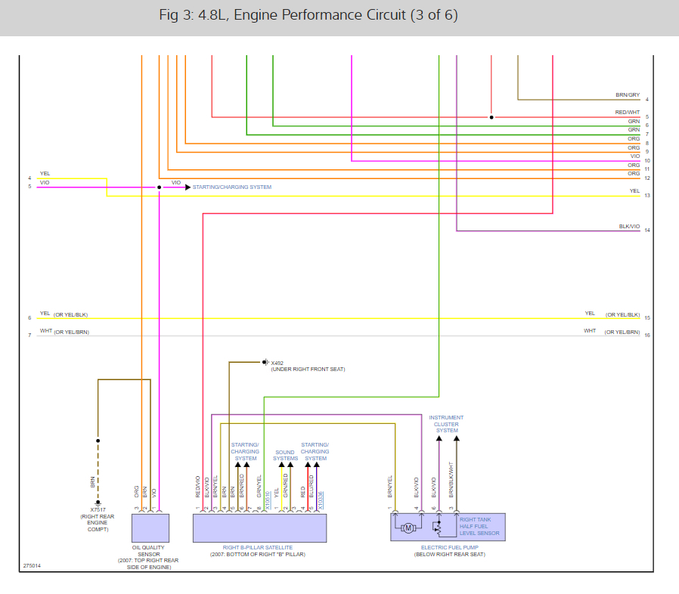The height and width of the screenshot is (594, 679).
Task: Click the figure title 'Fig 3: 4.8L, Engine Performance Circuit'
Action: coord(308,15)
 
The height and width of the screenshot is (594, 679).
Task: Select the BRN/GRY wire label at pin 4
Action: coord(628,95)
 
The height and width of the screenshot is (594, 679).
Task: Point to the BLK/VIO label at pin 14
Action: coord(629,226)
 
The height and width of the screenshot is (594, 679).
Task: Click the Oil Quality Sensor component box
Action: coord(150,527)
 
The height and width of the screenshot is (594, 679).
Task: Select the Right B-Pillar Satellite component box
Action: coord(259,527)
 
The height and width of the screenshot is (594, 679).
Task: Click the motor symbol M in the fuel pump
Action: coord(408,527)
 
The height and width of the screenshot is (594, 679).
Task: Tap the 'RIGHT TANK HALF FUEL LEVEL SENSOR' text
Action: coord(479,527)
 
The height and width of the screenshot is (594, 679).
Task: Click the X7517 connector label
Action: coord(98,509)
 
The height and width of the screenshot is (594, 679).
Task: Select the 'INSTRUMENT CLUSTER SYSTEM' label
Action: coord(446,424)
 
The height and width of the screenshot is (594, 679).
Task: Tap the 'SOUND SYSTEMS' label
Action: coord(285,456)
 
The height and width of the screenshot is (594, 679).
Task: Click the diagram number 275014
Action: coord(32,565)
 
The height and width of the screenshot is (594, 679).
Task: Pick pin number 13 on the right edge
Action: coord(647,196)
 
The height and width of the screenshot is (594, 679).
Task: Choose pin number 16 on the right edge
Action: coord(647,335)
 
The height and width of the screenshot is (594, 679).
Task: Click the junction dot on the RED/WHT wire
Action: coord(491,117)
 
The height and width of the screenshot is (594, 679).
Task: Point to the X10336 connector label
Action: coord(321,503)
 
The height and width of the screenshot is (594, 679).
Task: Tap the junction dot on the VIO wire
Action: coord(159,187)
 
